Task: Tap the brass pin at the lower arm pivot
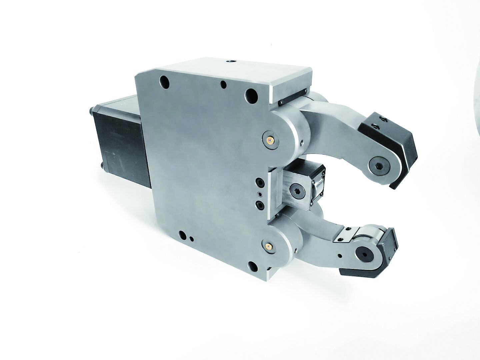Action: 268,246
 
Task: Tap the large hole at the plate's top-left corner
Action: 164,81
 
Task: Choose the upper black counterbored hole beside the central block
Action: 259,183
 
